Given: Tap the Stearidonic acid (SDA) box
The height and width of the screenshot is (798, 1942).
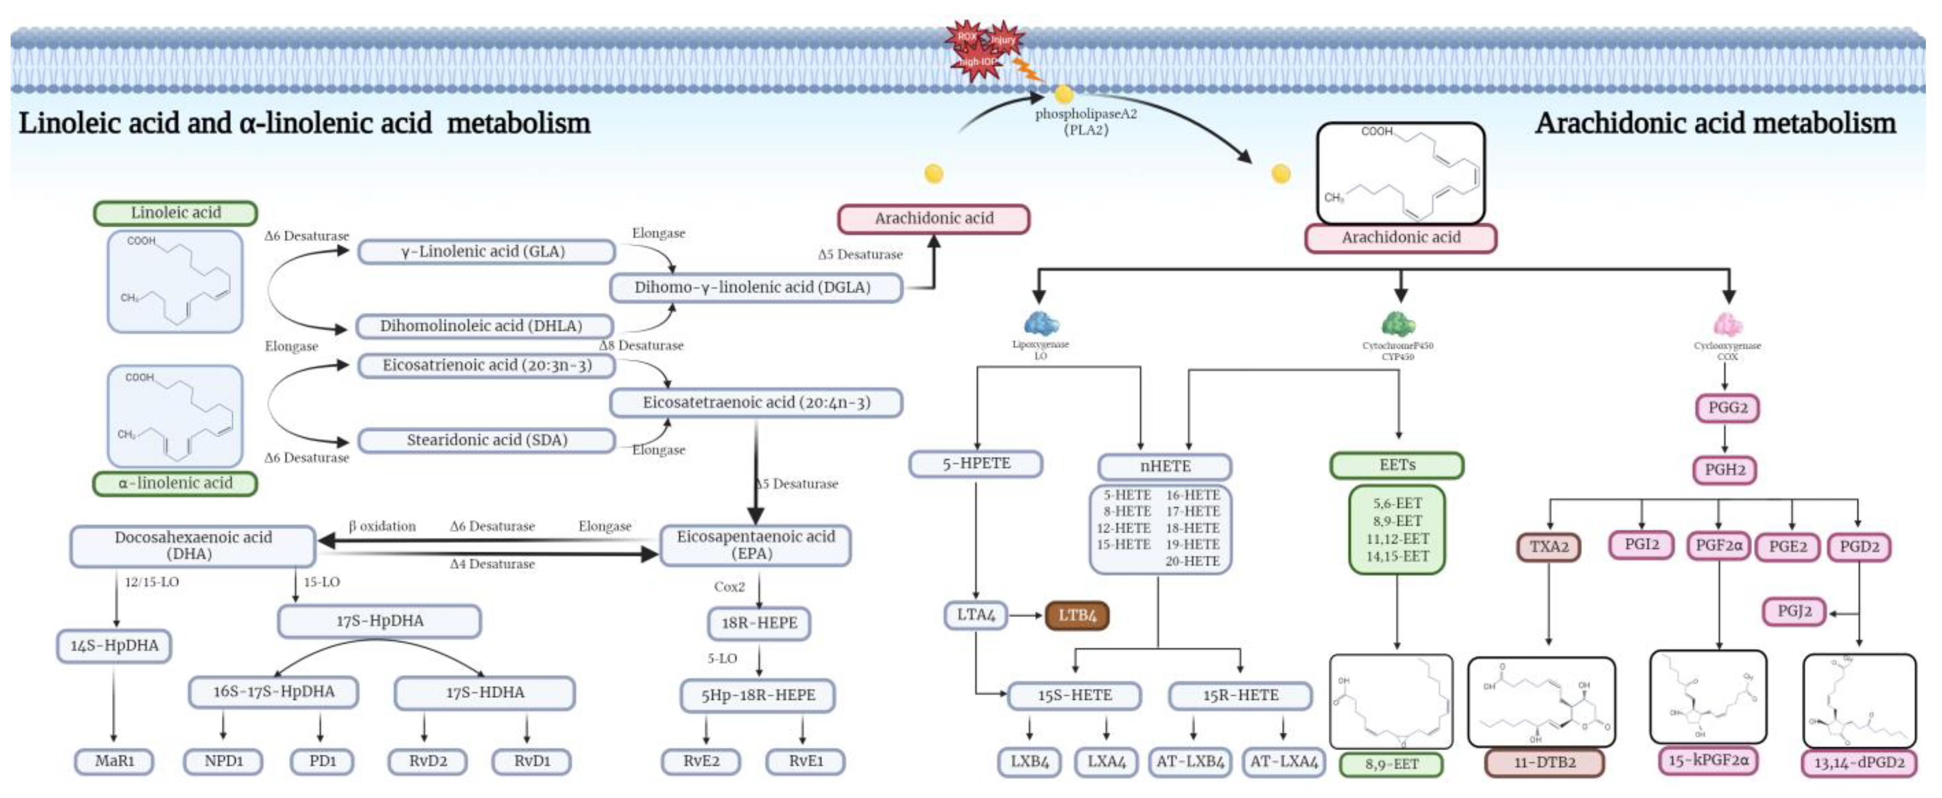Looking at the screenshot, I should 486,440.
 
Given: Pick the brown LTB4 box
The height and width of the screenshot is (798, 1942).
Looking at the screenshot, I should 1076,615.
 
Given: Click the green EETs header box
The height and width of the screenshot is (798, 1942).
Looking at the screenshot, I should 1397,465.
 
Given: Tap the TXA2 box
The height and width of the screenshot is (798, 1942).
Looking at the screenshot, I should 1548,547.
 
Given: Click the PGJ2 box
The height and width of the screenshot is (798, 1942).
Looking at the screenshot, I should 1794,611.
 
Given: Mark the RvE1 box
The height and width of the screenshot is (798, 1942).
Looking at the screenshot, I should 805,761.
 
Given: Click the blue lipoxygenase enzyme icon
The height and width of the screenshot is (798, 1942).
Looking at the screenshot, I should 1041,324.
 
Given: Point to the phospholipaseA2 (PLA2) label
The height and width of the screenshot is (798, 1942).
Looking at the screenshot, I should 1086,121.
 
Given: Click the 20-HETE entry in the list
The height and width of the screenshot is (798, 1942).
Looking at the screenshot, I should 1192,561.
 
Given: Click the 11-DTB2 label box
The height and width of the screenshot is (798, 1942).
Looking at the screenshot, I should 1545,763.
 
